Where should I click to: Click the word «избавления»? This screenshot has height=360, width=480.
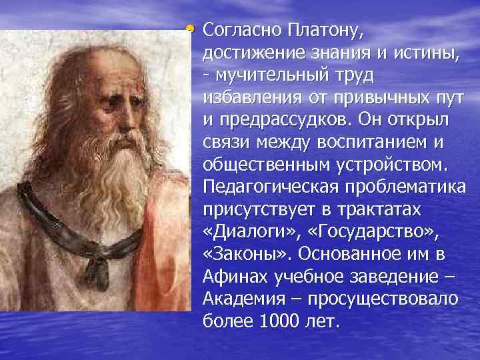click(x=253, y=98)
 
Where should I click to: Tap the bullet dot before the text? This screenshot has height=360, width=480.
click(x=191, y=29)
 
